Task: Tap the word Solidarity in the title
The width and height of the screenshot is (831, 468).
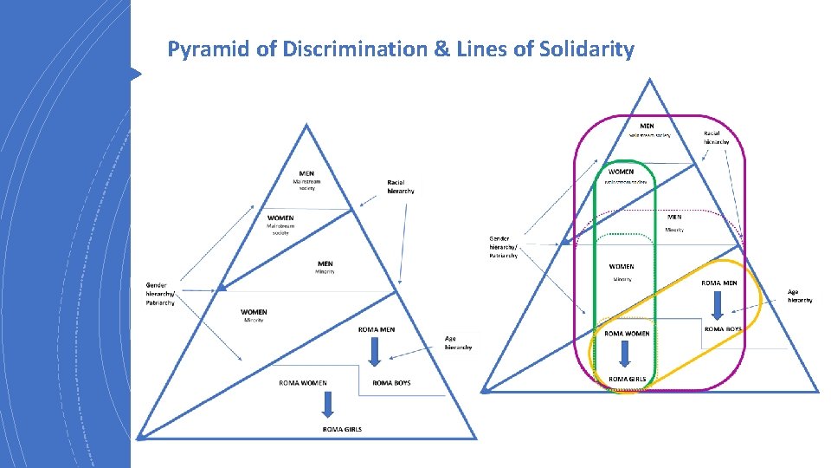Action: [x=587, y=49]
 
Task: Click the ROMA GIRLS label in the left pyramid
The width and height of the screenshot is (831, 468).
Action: [x=342, y=429]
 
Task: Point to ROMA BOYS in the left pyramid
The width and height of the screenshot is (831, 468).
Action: [x=391, y=382]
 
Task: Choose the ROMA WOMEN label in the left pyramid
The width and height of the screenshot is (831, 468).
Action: [x=302, y=382]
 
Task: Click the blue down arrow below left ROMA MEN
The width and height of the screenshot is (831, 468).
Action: [x=375, y=349]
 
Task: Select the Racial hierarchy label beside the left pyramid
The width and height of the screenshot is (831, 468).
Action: [x=401, y=186]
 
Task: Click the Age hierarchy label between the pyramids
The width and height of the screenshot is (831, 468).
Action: [x=458, y=342]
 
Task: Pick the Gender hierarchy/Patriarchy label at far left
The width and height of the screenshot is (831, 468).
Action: [x=160, y=293]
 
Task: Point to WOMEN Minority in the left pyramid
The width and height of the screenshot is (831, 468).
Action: [x=254, y=315]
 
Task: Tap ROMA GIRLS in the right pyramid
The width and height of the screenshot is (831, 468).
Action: [x=627, y=379]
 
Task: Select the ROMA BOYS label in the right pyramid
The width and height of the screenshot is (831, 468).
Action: [x=723, y=329]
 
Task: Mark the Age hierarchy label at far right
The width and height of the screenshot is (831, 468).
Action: [x=799, y=296]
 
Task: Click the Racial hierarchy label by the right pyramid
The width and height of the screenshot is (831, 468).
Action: [x=717, y=137]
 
